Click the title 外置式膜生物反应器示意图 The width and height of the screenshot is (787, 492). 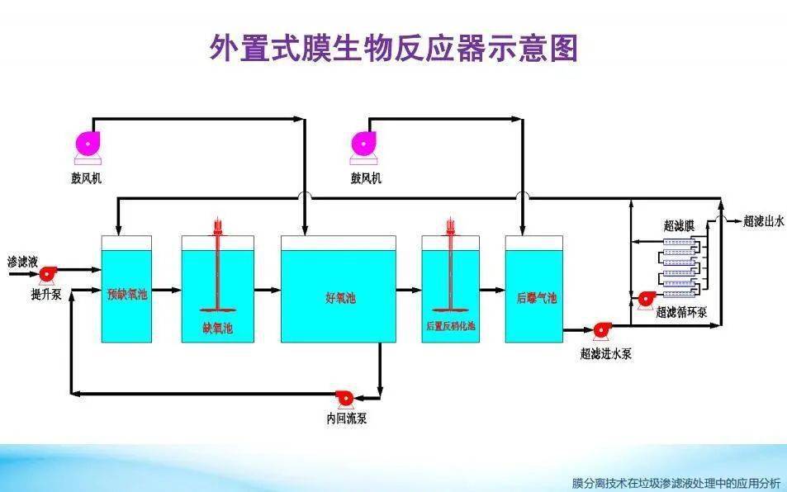click(393, 49)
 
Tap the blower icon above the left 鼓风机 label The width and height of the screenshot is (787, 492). click(87, 144)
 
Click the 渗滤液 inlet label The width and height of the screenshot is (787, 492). click(23, 261)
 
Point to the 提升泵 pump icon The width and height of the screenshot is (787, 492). click(47, 272)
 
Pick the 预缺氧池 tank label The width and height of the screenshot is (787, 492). click(126, 293)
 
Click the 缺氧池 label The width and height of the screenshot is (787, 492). click(217, 328)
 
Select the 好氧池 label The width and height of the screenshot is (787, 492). click(338, 296)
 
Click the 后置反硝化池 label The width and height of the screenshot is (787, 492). click(451, 326)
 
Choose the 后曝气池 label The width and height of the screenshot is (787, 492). click(536, 297)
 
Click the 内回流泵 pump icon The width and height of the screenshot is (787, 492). click(341, 398)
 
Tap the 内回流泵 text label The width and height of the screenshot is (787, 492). click(347, 419)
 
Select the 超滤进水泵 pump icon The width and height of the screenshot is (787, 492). click(601, 330)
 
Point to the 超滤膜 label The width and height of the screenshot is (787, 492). click(679, 225)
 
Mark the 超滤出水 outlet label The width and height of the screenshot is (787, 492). click(763, 220)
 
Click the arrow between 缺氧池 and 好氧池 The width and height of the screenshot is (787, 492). click(267, 290)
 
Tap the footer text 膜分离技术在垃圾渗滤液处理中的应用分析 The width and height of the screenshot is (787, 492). click(676, 483)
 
